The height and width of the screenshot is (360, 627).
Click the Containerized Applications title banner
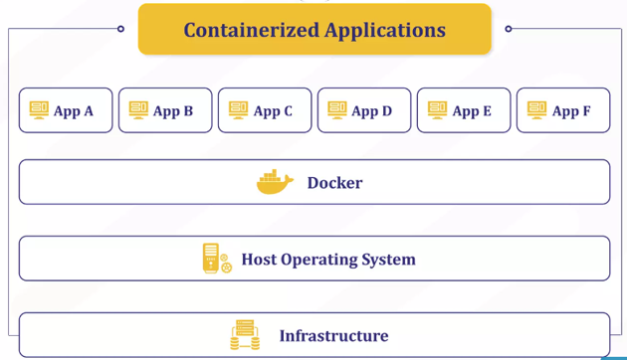tap(314, 29)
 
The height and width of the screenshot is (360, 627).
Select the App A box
tap(66, 110)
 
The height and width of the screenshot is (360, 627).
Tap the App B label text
tap(173, 111)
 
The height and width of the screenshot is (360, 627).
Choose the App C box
tap(265, 110)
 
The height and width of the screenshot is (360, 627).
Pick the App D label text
tap(372, 111)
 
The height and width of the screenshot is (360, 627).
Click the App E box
tap(464, 110)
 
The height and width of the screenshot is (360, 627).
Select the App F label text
tap(571, 111)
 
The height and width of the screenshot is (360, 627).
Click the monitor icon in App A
tap(39, 109)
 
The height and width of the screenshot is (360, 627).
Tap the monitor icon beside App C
tap(238, 109)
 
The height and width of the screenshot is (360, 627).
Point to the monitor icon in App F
tap(536, 109)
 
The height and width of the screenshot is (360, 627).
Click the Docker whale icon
tap(275, 182)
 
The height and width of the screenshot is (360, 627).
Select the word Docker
tap(334, 183)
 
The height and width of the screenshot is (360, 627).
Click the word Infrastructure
tap(333, 336)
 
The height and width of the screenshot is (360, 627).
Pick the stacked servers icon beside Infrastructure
tap(245, 335)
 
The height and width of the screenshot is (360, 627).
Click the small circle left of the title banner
tap(120, 29)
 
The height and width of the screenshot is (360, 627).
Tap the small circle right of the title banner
tap(509, 29)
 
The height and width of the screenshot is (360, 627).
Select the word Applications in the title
tap(384, 30)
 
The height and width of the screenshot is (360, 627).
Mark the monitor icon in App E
tap(437, 109)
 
